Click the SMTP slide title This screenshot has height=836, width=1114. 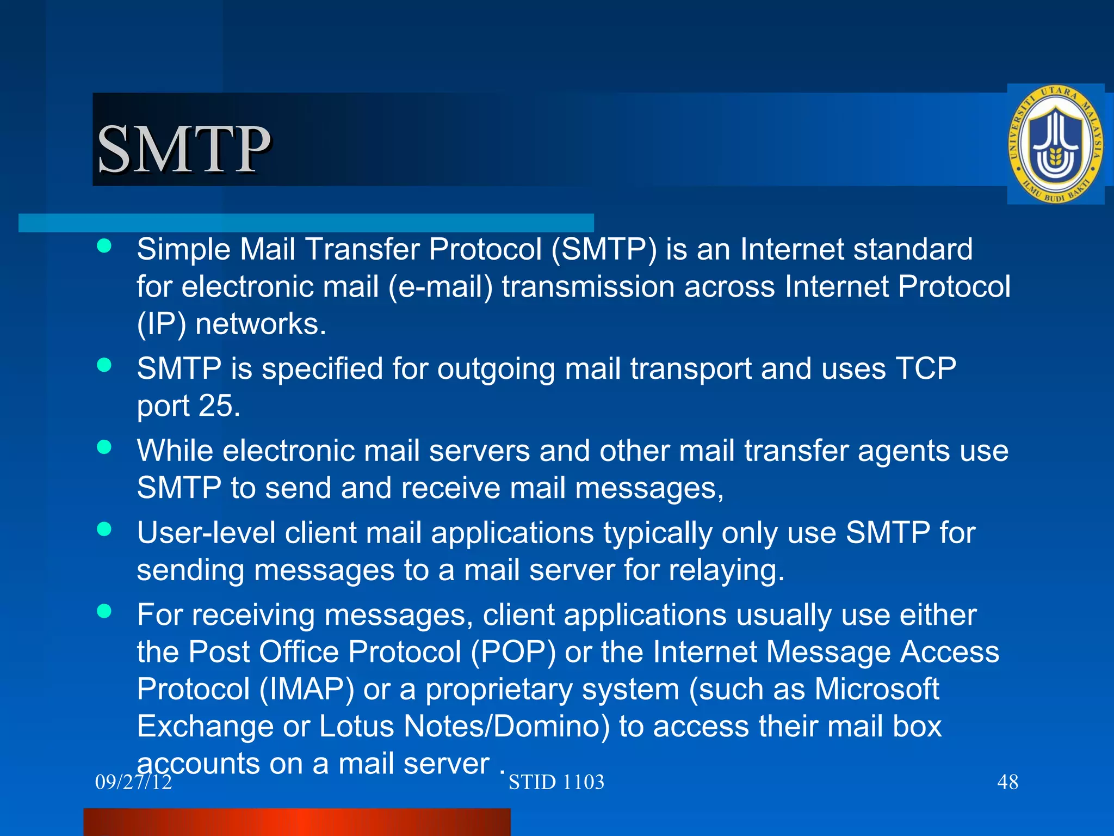tap(183, 149)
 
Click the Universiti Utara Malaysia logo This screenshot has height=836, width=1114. tap(1055, 144)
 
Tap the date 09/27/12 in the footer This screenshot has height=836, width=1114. tap(133, 782)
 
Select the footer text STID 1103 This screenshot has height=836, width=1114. tap(556, 782)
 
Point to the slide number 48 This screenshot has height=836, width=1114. tap(1007, 782)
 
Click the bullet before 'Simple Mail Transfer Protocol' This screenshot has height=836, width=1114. tap(104, 246)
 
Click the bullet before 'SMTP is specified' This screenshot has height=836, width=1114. tap(104, 365)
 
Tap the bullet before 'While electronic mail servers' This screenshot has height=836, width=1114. tap(104, 447)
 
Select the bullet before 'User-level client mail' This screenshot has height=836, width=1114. tap(104, 529)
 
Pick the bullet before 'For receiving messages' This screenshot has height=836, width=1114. tap(104, 611)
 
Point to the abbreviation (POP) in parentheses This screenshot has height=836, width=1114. tap(513, 652)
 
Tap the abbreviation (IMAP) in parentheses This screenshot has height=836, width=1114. tap(307, 689)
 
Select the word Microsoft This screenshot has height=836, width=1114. tap(876, 689)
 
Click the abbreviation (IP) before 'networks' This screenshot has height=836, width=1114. tap(162, 324)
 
